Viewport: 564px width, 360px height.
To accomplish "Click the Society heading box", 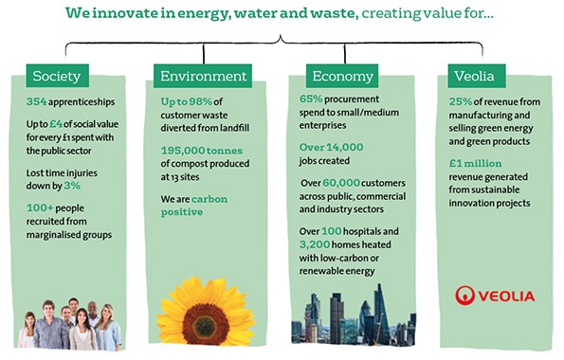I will tap(59, 76).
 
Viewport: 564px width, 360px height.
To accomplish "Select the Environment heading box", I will tap(201, 76).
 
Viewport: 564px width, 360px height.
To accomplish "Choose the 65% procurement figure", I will tap(312, 99).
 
